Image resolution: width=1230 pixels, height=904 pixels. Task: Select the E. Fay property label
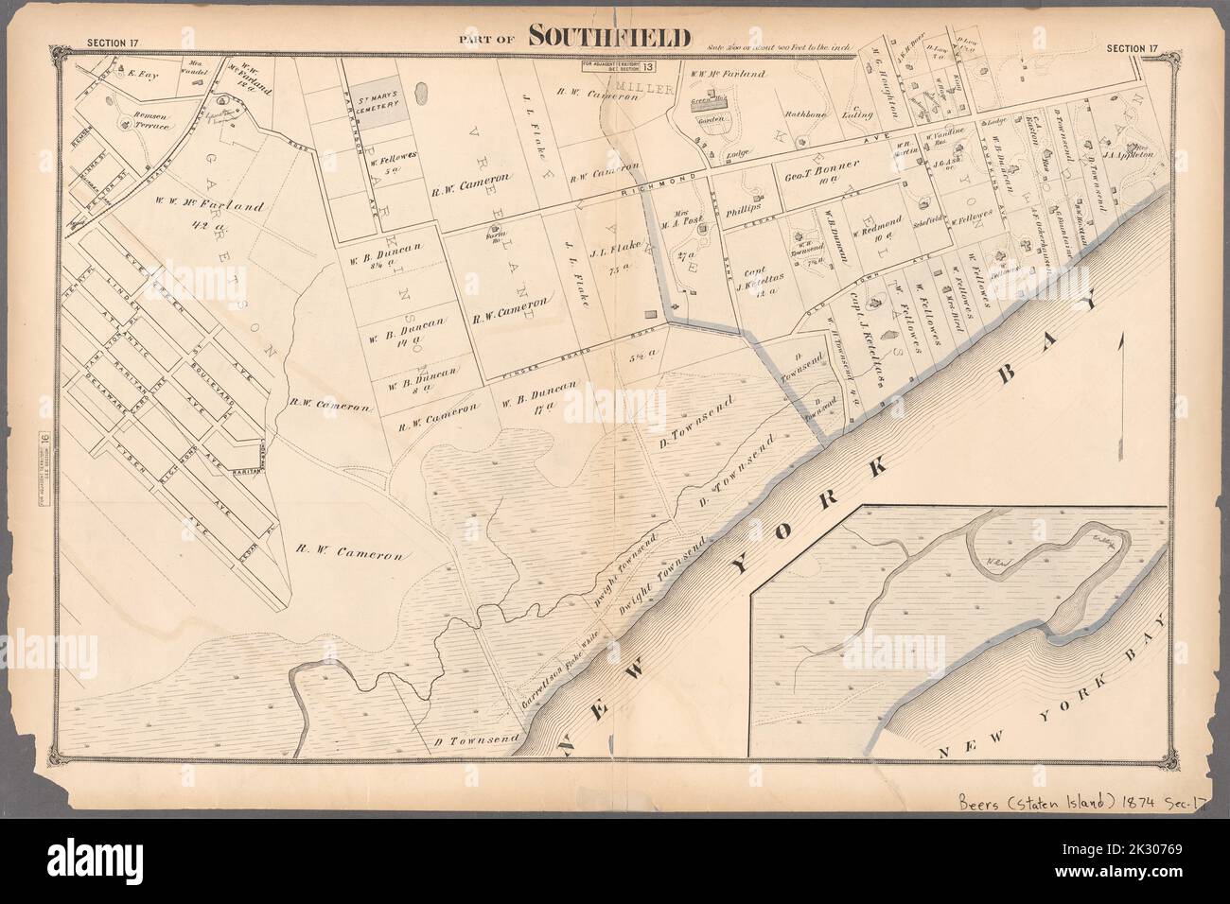140,70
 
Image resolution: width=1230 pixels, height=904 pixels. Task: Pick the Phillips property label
746,213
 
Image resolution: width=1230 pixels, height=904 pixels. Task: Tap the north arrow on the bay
1120,388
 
